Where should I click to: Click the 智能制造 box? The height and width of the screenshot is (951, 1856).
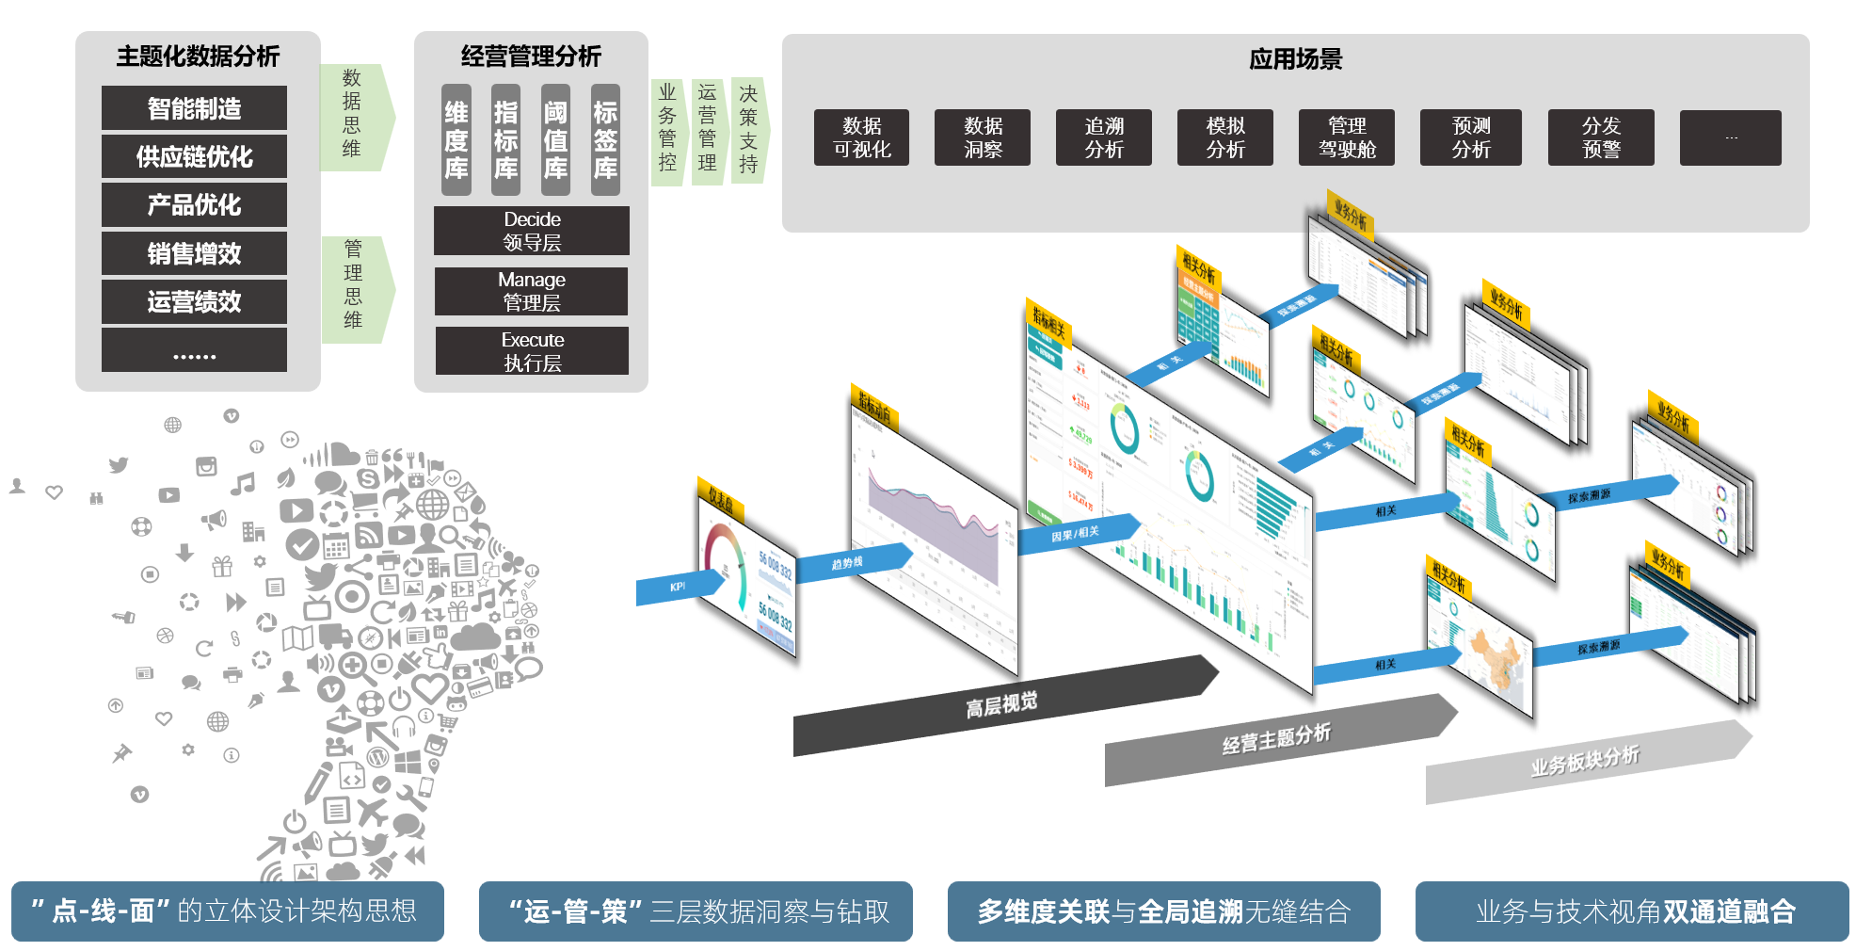tap(194, 108)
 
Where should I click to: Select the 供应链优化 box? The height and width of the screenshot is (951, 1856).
tap(194, 156)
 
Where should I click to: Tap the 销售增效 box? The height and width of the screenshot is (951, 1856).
tap(194, 253)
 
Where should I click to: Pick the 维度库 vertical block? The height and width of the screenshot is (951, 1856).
tap(456, 140)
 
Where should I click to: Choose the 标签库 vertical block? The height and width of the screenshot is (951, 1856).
tap(605, 140)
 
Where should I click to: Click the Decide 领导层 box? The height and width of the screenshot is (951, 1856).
tap(532, 231)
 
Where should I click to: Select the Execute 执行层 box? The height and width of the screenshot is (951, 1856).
tap(532, 351)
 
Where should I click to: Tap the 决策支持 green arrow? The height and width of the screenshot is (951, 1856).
tap(749, 129)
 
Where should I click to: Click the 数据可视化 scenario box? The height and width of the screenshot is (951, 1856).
tap(861, 137)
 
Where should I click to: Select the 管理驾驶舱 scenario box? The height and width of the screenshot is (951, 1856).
tap(1347, 137)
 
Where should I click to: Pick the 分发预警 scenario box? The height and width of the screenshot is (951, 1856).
tap(1601, 137)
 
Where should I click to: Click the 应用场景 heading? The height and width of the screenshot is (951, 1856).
tap(1295, 59)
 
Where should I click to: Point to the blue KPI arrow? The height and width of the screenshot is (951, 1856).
tap(678, 587)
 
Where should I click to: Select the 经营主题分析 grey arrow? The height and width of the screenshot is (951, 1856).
tap(1276, 739)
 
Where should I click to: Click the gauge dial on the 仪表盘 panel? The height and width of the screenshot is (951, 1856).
tap(726, 566)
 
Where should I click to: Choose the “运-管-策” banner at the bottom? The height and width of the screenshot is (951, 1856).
tap(696, 911)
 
